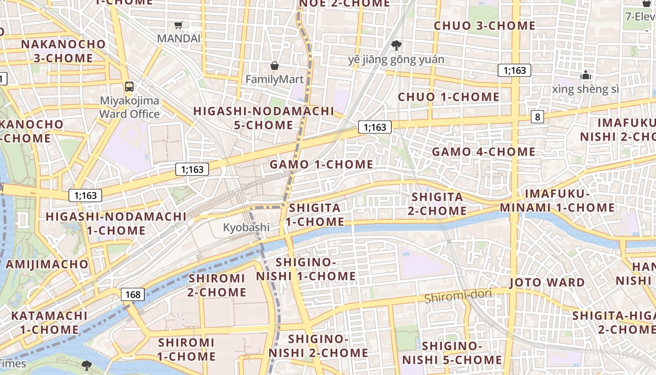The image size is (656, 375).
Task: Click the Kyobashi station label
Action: tap(246, 228)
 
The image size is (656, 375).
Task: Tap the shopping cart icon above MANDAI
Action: tap(178, 25)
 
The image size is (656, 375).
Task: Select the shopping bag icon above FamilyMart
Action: tap(275, 66)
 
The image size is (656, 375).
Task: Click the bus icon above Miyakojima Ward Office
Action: tap(129, 86)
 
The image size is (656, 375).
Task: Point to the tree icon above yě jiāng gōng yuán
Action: tap(396, 45)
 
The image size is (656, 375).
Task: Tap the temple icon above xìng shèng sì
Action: tap(586, 75)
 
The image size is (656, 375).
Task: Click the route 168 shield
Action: tap(133, 294)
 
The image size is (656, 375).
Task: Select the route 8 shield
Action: tap(537, 117)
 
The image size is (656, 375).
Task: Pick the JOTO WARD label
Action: tap(547, 283)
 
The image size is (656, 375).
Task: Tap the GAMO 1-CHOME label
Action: tap(321, 165)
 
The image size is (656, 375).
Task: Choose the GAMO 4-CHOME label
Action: tap(484, 152)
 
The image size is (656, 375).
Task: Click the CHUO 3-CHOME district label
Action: tap(485, 26)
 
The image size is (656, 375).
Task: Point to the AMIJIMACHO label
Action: tap(47, 264)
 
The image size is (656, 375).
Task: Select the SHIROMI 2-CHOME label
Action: tap(217, 285)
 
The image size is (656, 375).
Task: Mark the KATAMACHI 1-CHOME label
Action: tap(49, 322)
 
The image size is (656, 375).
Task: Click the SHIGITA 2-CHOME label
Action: tap(437, 204)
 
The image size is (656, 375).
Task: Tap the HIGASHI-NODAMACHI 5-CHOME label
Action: tap(264, 118)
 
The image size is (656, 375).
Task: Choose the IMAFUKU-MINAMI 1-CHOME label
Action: tap(557, 201)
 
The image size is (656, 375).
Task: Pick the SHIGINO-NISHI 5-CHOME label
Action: tap(452, 353)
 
